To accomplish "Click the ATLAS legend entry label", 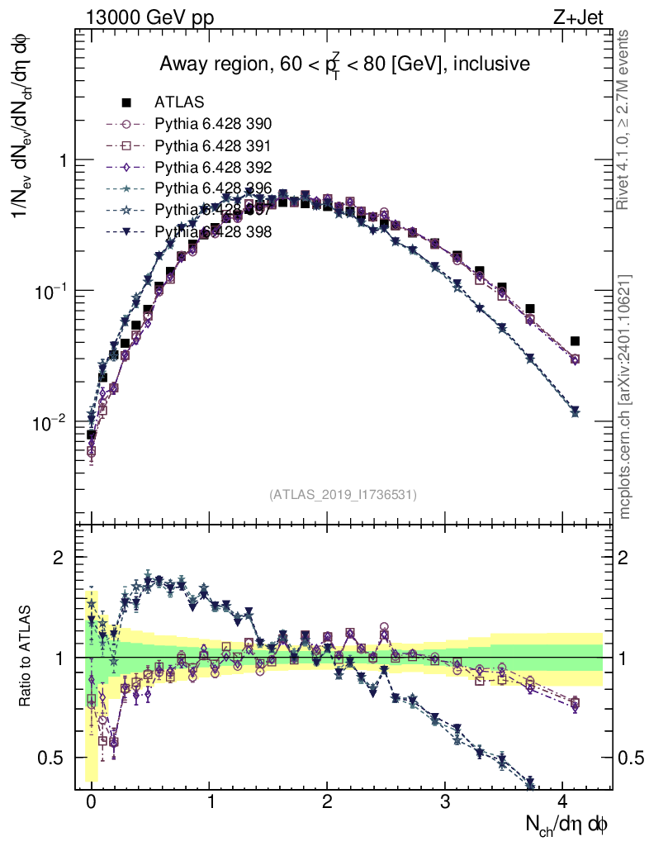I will tap(179, 102).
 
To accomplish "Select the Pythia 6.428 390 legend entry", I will tap(213, 124).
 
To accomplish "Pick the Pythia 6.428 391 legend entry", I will tap(213, 145).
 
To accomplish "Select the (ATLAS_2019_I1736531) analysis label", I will tap(343, 495).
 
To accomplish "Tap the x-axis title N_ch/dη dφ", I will tap(568, 824).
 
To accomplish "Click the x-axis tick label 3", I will tap(445, 801).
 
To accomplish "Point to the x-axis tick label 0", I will tap(91, 801).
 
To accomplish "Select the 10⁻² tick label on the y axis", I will tap(50, 423).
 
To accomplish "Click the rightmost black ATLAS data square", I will tap(575, 341).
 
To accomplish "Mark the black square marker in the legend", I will tap(126, 102).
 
